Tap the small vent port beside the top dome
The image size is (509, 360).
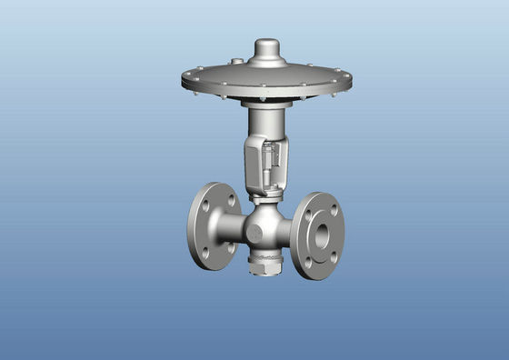[238, 62]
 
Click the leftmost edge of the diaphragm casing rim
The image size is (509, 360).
[184, 80]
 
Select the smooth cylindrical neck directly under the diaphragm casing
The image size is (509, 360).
[266, 118]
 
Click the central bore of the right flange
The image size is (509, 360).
[322, 235]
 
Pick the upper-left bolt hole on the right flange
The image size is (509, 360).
[310, 208]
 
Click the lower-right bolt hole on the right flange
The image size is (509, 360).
[334, 259]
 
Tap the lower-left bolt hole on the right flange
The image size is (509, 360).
[308, 259]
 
